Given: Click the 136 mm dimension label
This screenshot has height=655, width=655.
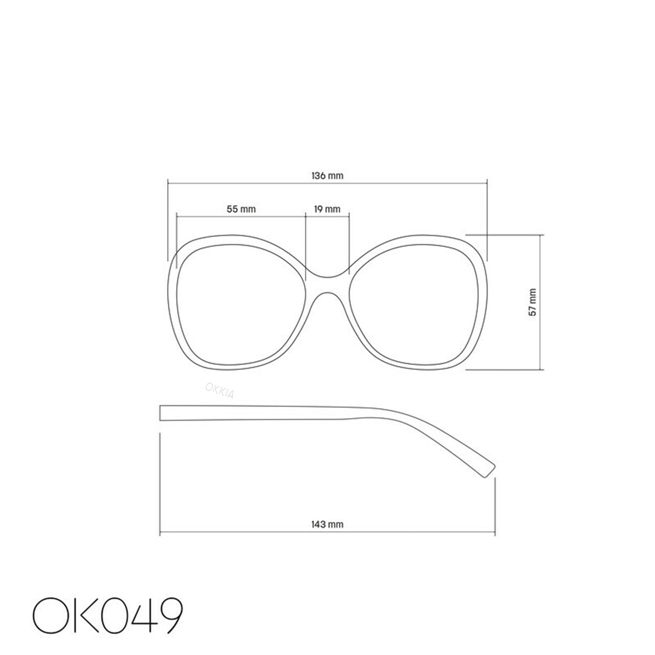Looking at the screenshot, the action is (x=327, y=176).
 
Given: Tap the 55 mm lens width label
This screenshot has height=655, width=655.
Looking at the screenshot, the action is (x=241, y=209).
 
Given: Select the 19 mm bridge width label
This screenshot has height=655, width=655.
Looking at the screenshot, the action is (x=327, y=209).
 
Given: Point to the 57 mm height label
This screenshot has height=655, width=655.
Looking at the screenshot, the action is (x=532, y=302).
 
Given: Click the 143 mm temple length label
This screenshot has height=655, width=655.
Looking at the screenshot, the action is (x=327, y=524).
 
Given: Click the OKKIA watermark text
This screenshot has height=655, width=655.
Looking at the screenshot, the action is (x=220, y=390).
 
